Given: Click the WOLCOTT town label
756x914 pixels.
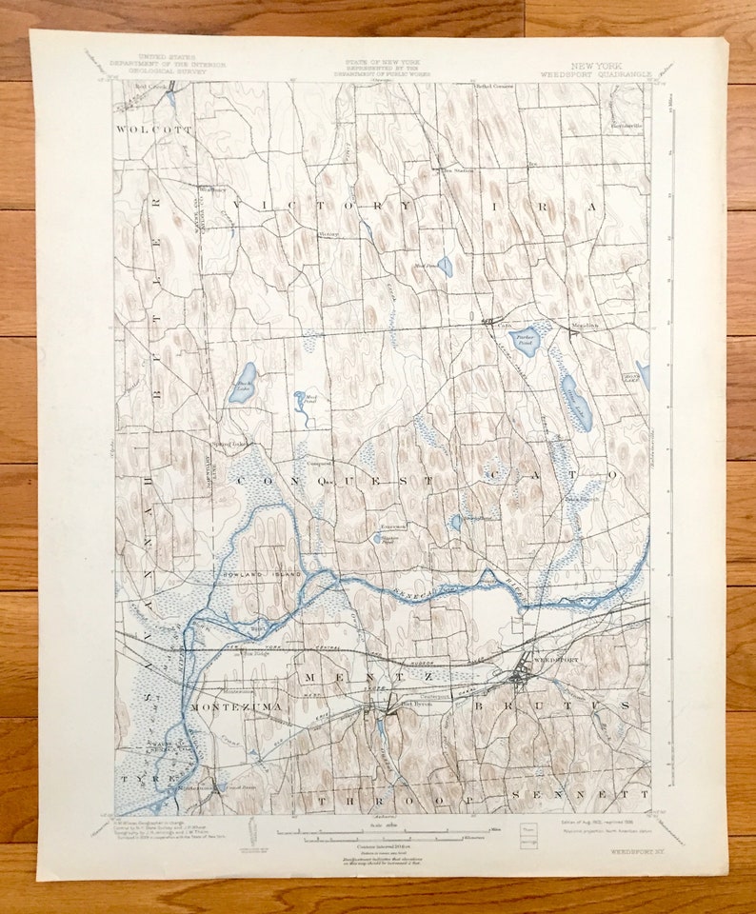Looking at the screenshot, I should click(154, 129).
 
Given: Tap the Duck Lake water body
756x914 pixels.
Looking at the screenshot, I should click(243, 382).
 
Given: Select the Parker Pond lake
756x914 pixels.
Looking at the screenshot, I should click(527, 340).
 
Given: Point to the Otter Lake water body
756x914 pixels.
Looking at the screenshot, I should click(576, 403).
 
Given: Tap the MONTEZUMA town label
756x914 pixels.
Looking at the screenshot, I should click(219, 708).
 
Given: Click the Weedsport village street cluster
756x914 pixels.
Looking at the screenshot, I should click(520, 677).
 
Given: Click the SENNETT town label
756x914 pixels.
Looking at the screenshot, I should click(580, 793).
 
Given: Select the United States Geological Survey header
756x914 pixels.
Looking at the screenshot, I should click(168, 65).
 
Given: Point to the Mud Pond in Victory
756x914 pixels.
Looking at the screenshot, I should click(445, 267).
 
